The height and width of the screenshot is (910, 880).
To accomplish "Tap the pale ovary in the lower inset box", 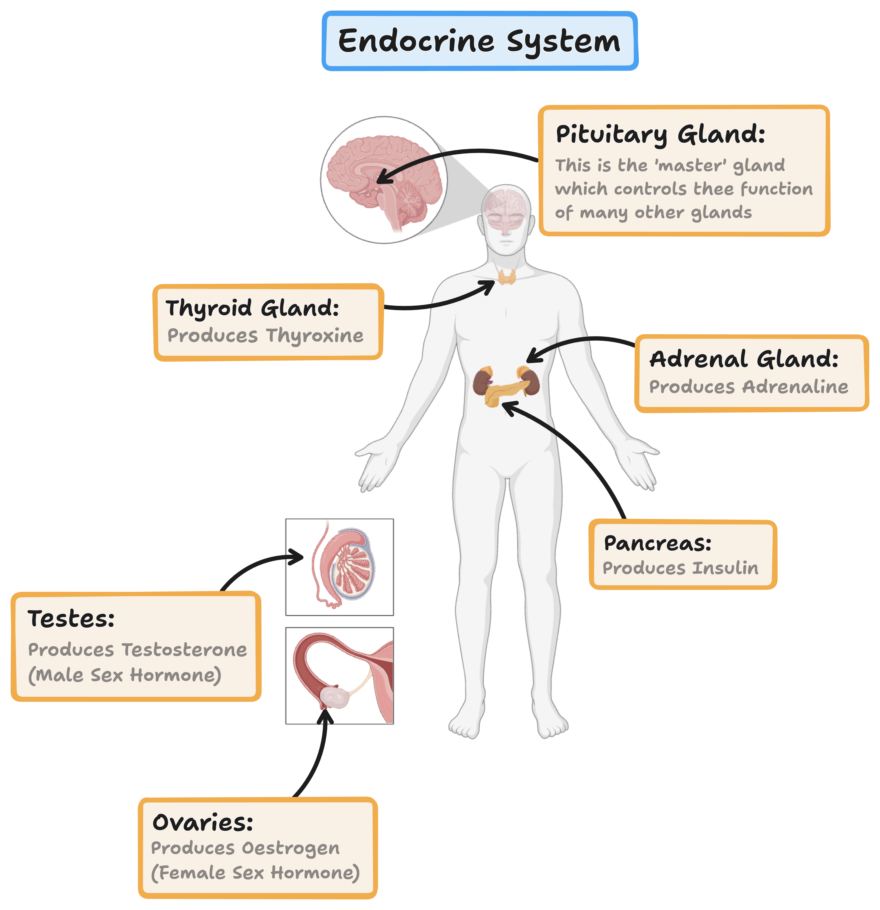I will pos(337,696).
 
